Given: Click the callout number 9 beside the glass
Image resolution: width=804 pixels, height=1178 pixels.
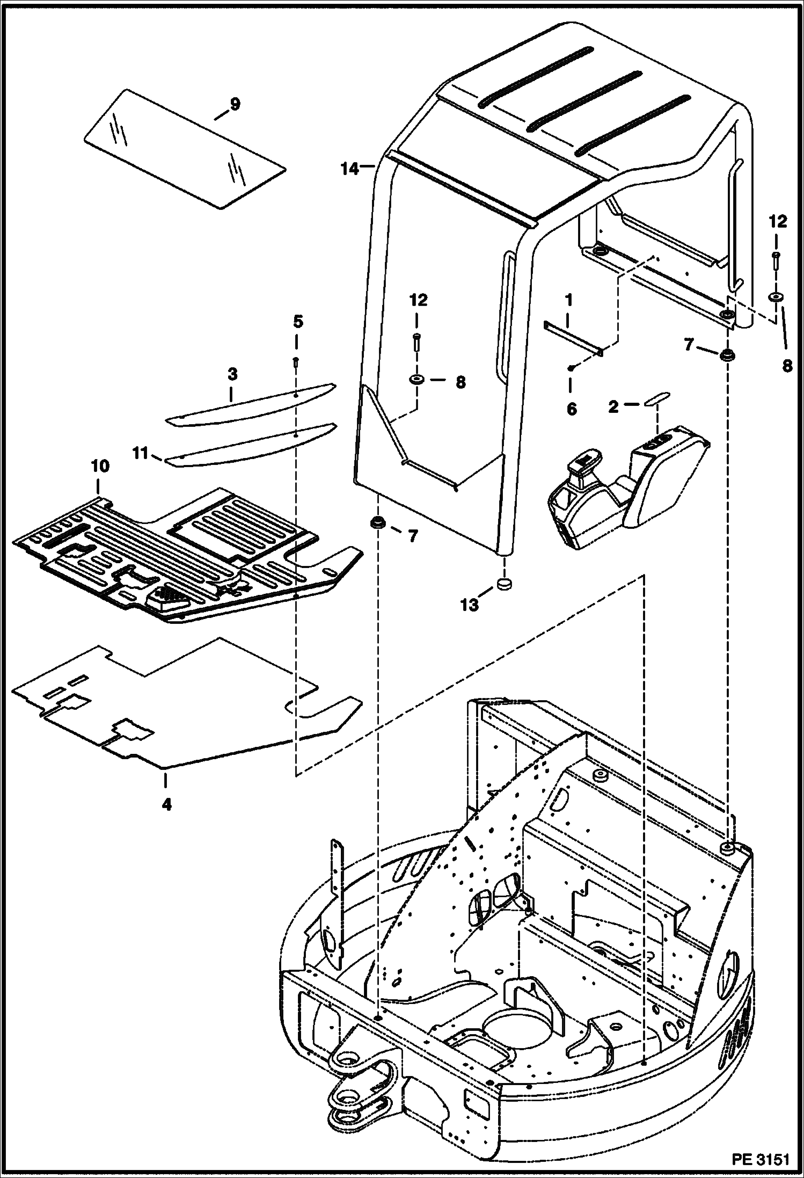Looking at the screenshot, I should coord(235,104).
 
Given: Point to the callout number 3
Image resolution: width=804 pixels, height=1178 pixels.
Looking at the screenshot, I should coord(232,374).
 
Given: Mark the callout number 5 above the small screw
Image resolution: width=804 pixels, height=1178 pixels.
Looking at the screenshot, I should coord(298,322).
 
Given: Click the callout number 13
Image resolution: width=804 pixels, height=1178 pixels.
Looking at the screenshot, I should coord(469,605).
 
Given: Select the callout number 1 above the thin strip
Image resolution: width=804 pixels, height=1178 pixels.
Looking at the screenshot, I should coord(568,300).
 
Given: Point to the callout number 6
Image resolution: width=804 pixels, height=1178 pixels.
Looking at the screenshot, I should coord(571,409).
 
